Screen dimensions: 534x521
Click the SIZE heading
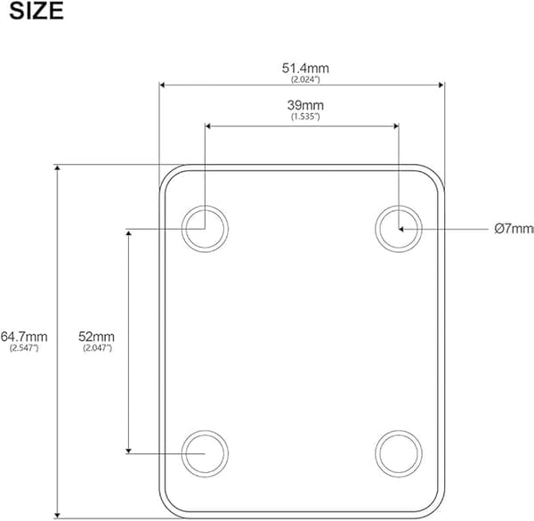[36, 11]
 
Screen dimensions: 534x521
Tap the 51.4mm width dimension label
[305, 69]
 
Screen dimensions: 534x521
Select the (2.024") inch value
[305, 79]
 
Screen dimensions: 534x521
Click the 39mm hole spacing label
[305, 105]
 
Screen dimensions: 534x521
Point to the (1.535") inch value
[305, 117]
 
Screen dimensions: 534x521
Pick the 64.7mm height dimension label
[24, 337]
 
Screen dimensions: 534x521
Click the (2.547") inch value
[24, 348]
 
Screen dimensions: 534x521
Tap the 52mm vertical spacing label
[97, 337]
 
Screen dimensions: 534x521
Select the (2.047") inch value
[97, 348]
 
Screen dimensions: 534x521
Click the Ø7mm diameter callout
[514, 228]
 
